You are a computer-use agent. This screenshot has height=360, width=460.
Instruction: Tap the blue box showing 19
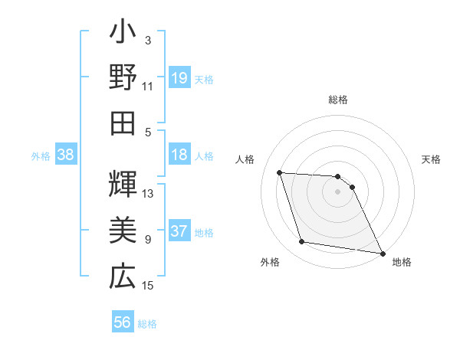(x=179, y=78)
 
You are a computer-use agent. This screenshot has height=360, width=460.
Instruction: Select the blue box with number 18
(x=179, y=155)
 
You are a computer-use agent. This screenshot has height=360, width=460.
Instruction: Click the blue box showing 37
(x=179, y=231)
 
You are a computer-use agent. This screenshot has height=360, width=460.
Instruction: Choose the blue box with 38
(x=66, y=155)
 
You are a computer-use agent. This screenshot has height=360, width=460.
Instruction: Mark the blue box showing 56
(x=123, y=322)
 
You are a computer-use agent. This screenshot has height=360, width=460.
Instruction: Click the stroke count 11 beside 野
(x=148, y=86)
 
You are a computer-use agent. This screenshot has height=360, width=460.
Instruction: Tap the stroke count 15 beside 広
(x=148, y=286)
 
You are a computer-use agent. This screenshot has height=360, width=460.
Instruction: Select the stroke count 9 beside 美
(x=148, y=240)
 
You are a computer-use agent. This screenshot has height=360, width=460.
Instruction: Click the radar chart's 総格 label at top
(x=337, y=100)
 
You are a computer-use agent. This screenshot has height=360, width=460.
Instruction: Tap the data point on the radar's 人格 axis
(x=280, y=173)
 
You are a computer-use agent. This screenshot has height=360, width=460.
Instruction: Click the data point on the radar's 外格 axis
(x=302, y=243)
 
